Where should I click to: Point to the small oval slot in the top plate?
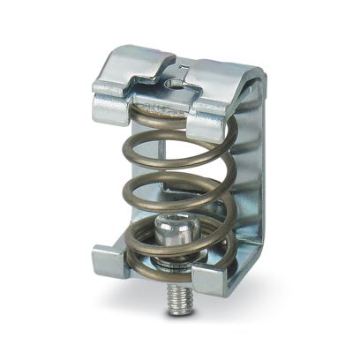[176, 84]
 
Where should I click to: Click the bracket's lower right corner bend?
[248, 265]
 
